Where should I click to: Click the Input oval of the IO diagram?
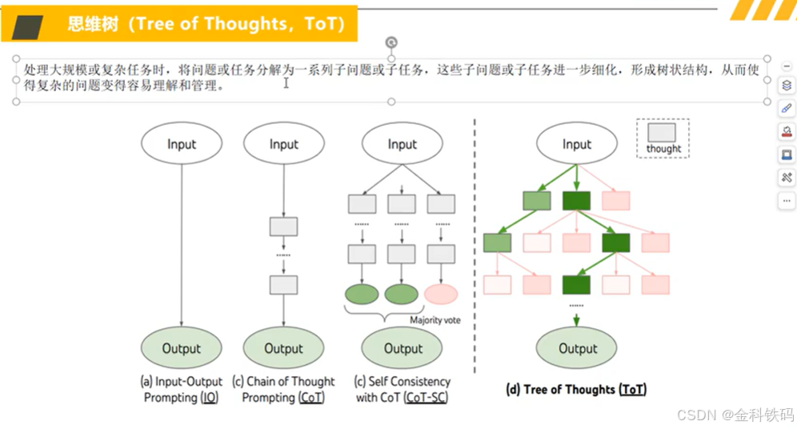[x=182, y=144]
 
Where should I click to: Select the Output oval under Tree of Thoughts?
[x=577, y=348]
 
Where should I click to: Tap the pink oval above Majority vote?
[x=441, y=294]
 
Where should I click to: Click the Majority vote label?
[x=435, y=320]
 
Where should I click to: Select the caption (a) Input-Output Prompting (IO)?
[x=182, y=389]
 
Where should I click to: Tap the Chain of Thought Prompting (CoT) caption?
[x=283, y=389]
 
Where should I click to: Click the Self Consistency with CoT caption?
[x=403, y=389]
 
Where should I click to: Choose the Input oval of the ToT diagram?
[x=576, y=144]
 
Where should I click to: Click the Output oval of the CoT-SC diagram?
[x=403, y=348]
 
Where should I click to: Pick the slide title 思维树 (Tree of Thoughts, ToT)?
[x=206, y=24]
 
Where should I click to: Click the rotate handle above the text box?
[x=391, y=42]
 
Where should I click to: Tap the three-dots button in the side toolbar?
[x=787, y=201]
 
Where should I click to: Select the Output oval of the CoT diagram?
[x=283, y=348]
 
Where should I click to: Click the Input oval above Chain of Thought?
[x=283, y=144]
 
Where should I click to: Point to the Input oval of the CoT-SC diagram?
[x=402, y=144]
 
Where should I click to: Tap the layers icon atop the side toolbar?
[x=787, y=86]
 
